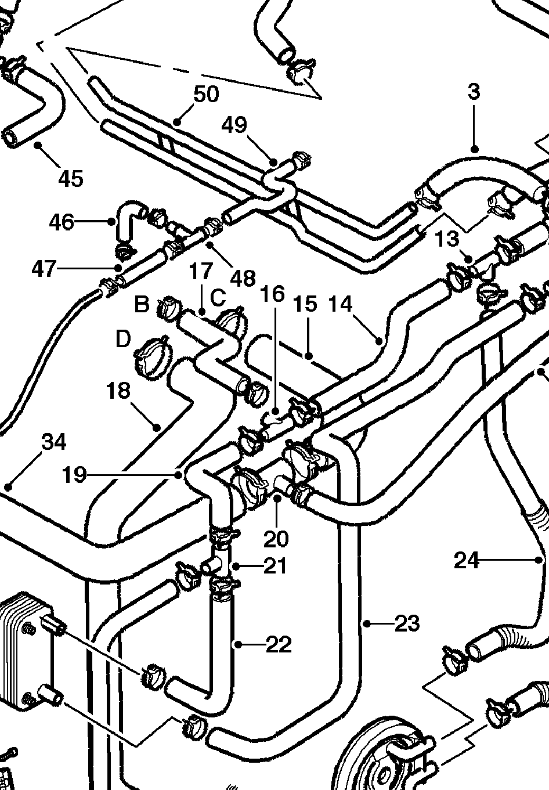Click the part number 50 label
206,94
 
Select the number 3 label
474,91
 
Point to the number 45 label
71,178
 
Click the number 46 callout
62,222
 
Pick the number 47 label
44,269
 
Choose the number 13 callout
447,239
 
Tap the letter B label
142,304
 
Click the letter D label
123,339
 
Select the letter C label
218,297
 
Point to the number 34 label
53,442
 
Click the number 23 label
407,624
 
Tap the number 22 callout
279,645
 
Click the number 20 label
276,539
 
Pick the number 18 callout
118,391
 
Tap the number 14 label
340,304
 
